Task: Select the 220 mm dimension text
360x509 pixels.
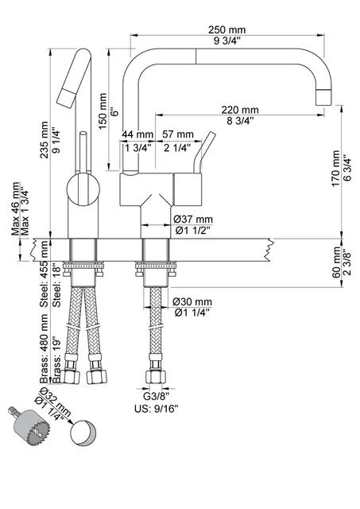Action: tap(239, 110)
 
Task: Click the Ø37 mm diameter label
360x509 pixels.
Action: tap(192, 219)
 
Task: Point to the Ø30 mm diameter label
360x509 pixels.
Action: tap(192, 302)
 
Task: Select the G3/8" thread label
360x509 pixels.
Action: tap(156, 395)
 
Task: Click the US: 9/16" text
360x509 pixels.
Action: tap(156, 409)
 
